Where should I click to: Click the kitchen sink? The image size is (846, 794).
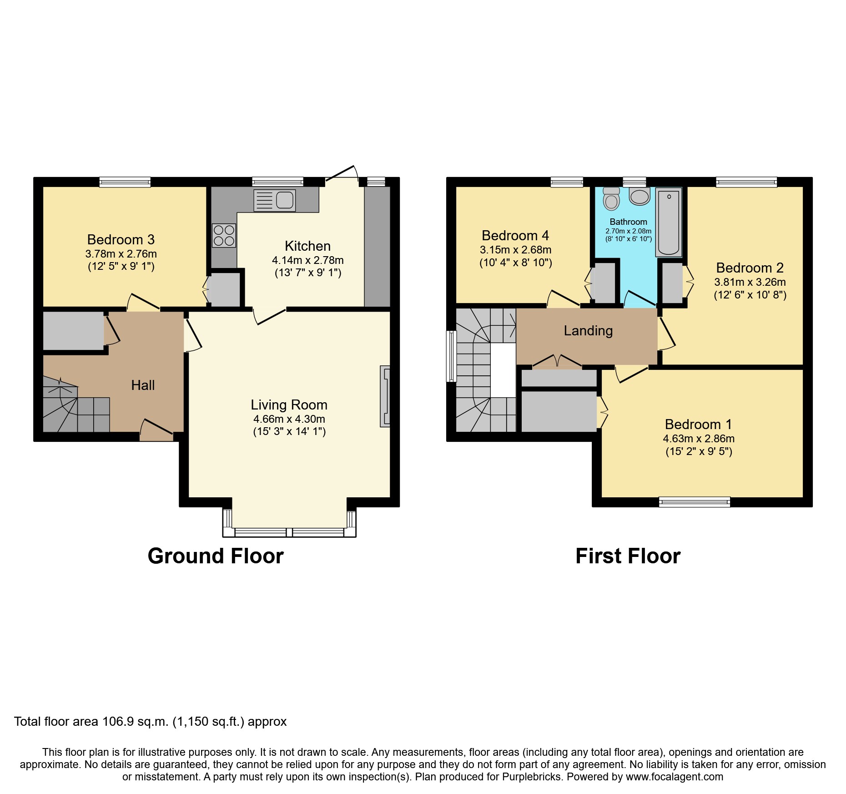(275, 200)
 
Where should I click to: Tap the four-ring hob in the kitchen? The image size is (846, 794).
(224, 235)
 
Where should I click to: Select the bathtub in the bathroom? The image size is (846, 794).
(669, 222)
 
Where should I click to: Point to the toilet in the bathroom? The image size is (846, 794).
(611, 199)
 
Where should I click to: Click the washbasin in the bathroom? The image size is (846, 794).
(640, 197)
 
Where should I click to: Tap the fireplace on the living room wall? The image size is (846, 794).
(385, 396)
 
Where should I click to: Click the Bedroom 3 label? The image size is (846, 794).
(121, 240)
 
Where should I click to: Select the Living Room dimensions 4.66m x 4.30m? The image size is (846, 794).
(289, 419)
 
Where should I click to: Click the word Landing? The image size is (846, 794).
(588, 331)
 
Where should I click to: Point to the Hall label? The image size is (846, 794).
(143, 385)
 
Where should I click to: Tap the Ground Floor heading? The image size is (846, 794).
(216, 556)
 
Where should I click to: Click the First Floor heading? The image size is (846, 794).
(628, 556)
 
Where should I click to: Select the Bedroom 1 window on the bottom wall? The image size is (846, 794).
(695, 502)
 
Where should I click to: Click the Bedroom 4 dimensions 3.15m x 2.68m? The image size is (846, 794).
(515, 250)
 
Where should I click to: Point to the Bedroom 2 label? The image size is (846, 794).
(750, 268)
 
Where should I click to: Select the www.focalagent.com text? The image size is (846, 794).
(674, 777)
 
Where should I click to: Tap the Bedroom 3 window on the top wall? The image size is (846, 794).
(125, 182)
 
